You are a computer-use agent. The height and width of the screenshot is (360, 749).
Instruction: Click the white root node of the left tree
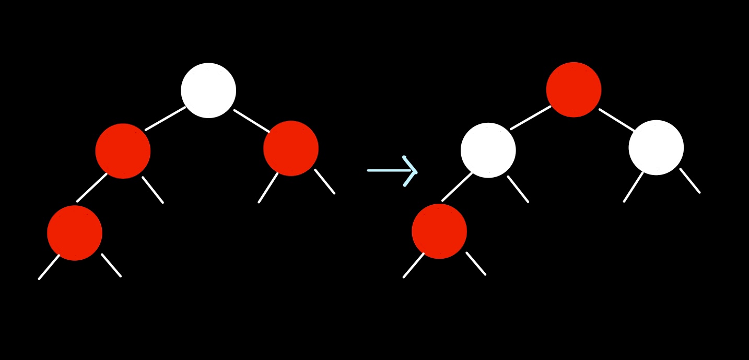pos(208,90)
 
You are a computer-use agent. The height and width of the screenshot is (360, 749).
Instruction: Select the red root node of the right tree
pos(574,89)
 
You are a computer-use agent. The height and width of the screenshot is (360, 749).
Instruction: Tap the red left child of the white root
pos(123,151)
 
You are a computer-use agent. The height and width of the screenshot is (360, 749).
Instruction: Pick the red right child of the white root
pos(291,148)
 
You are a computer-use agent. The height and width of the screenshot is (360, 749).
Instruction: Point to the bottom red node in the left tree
pos(75,233)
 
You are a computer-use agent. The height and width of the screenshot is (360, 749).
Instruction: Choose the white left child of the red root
pos(488,150)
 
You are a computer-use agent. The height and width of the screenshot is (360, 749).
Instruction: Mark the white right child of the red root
pos(656,147)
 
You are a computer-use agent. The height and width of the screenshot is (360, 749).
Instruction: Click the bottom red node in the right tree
pos(439,231)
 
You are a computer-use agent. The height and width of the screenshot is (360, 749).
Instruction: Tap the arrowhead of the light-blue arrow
pos(412,171)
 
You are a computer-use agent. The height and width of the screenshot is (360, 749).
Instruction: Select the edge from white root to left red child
pos(166,119)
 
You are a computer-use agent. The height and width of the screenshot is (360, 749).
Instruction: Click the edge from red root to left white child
pos(531,118)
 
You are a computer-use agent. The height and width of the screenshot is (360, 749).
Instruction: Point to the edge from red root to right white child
pos(617,120)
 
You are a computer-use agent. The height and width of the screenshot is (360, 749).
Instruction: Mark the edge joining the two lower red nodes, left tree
pos(92,188)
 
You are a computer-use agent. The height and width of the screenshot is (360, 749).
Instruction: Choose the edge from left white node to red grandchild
pos(457,187)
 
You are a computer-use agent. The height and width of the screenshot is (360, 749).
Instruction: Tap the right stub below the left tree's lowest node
pos(111,265)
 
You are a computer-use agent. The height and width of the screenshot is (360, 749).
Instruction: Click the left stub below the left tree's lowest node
pos(49,267)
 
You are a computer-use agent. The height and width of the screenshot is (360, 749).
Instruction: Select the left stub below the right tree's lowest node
pos(414,265)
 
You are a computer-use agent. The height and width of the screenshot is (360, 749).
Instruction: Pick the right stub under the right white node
pos(690,181)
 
